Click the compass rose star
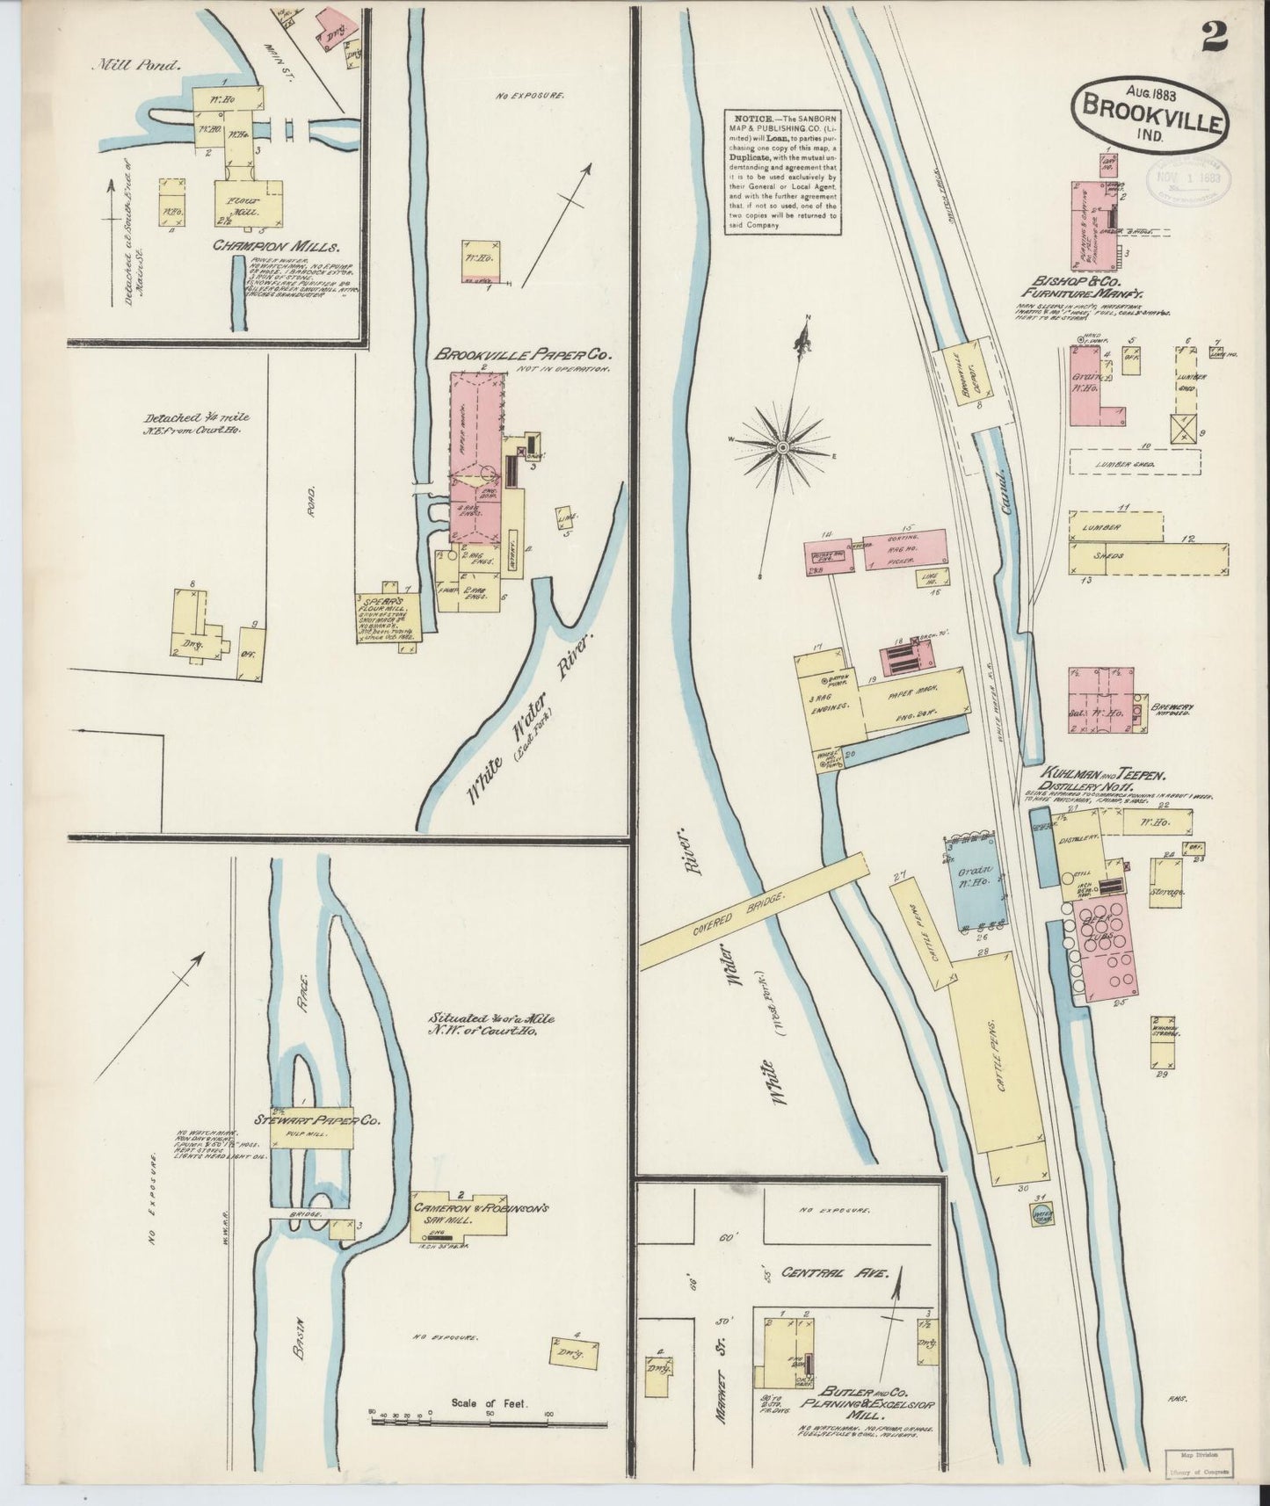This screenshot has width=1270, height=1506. click(781, 448)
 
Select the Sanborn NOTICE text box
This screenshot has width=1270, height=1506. click(783, 172)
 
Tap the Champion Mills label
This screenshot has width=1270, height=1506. click(275, 247)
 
